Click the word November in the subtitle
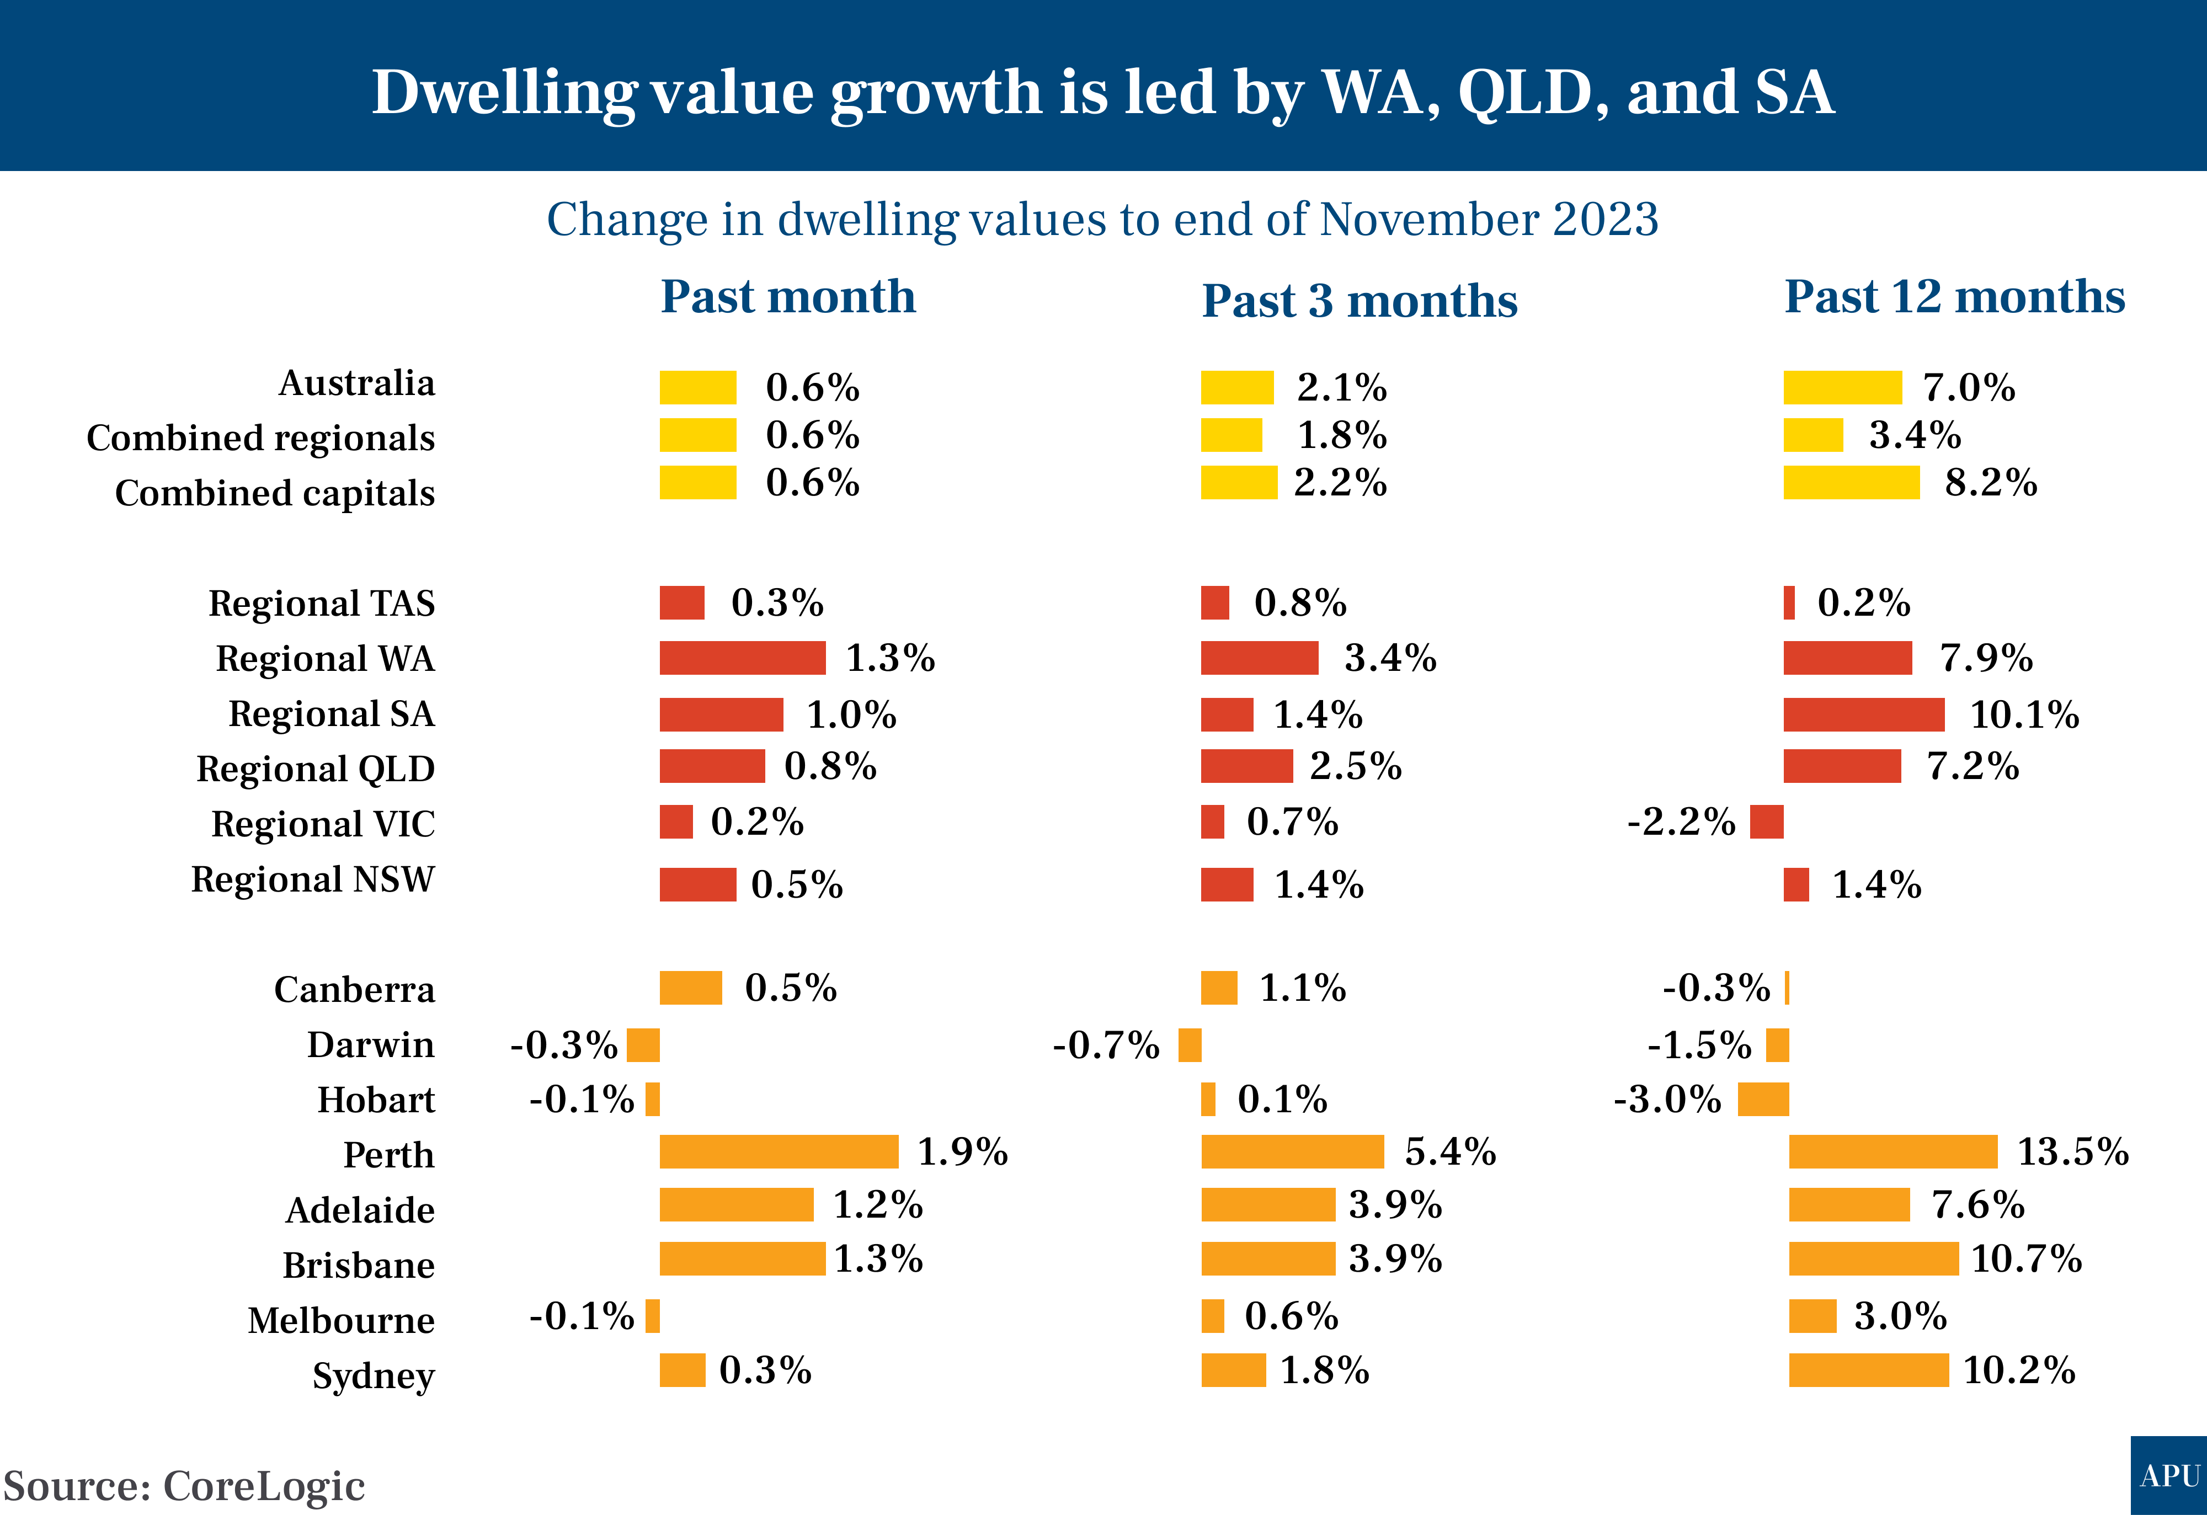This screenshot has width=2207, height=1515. click(1429, 220)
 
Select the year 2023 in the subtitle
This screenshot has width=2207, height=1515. click(1606, 220)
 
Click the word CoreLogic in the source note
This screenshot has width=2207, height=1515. click(263, 1486)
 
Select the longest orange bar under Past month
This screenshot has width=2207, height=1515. click(779, 1151)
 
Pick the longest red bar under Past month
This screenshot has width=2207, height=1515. click(743, 658)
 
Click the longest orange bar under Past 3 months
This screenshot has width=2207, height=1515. click(1293, 1151)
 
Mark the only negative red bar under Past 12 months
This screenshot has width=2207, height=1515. click(1766, 821)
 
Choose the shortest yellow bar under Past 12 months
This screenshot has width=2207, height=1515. click(1813, 435)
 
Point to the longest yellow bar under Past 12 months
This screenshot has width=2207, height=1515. click(1851, 483)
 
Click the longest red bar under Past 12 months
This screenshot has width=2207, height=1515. click(1863, 715)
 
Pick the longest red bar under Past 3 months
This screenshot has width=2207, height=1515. click(1259, 658)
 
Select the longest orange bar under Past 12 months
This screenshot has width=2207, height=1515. click(1893, 1151)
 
